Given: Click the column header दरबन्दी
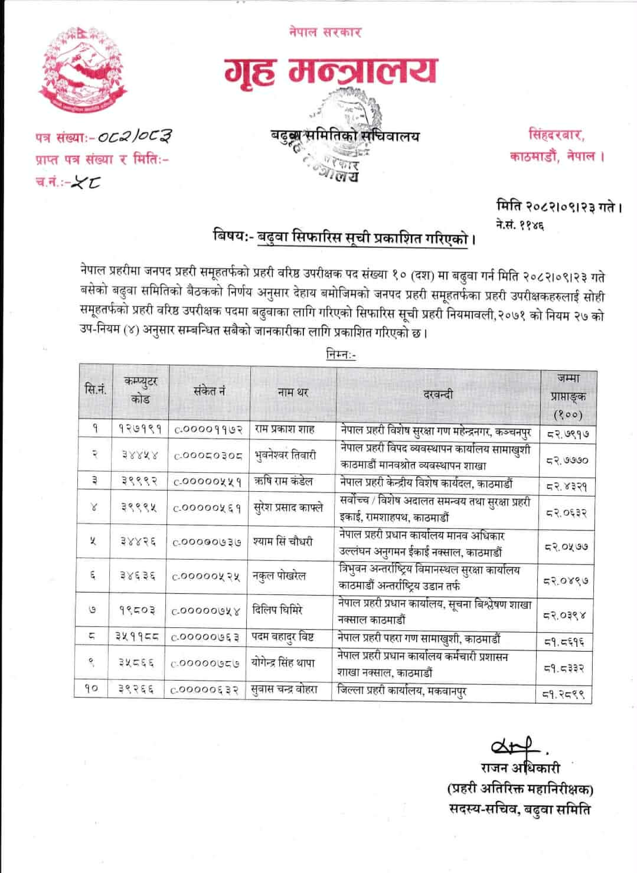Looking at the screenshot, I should point(438,394).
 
